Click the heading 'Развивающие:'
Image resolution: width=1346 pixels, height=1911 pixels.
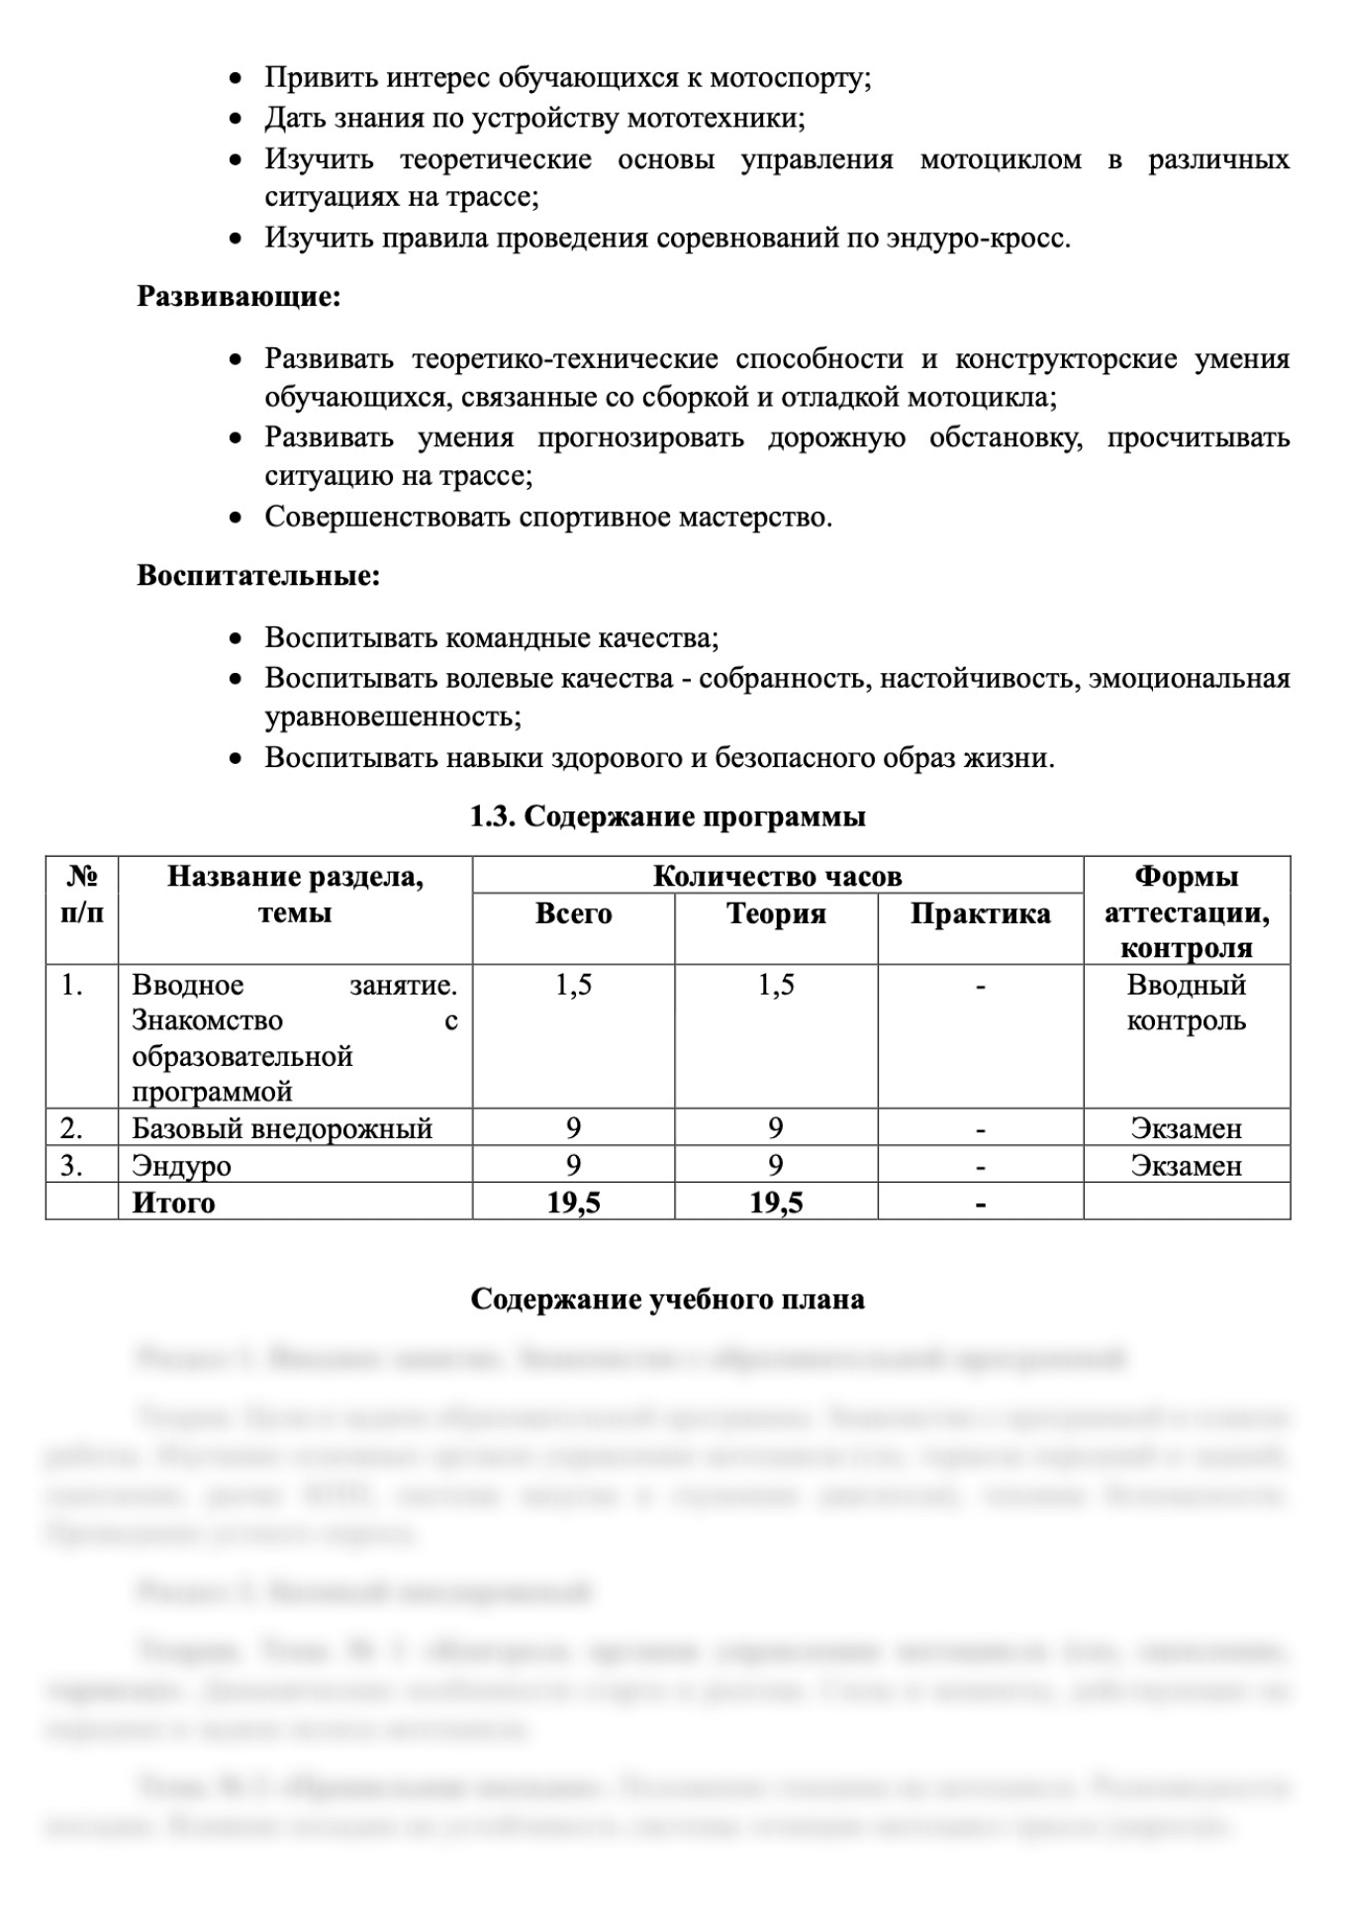pos(239,297)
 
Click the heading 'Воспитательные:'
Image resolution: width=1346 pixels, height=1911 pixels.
pos(258,576)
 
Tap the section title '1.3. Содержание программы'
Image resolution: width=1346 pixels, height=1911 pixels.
pos(668,816)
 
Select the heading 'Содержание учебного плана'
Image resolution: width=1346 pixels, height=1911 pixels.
pos(668,1298)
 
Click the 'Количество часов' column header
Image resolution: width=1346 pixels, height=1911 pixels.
pos(777,876)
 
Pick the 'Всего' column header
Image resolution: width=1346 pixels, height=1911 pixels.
pos(574,913)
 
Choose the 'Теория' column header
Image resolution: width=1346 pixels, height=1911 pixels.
pos(776,913)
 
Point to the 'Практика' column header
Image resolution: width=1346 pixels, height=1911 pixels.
pos(980,913)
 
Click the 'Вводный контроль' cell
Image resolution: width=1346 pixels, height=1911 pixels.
pos(1186,1003)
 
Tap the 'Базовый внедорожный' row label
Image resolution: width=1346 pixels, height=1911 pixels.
pos(282,1128)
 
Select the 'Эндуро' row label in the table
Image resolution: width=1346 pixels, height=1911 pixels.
pos(181,1166)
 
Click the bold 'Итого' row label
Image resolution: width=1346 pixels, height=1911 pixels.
pos(173,1202)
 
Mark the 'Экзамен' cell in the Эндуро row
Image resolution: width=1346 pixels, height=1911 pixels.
pos(1186,1166)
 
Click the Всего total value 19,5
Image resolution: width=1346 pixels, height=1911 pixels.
pos(574,1202)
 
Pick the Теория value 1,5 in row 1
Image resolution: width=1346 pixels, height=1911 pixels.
pos(776,986)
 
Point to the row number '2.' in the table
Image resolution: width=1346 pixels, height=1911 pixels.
pos(71,1128)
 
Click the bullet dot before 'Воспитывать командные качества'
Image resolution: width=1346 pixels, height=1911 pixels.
pos(236,639)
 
